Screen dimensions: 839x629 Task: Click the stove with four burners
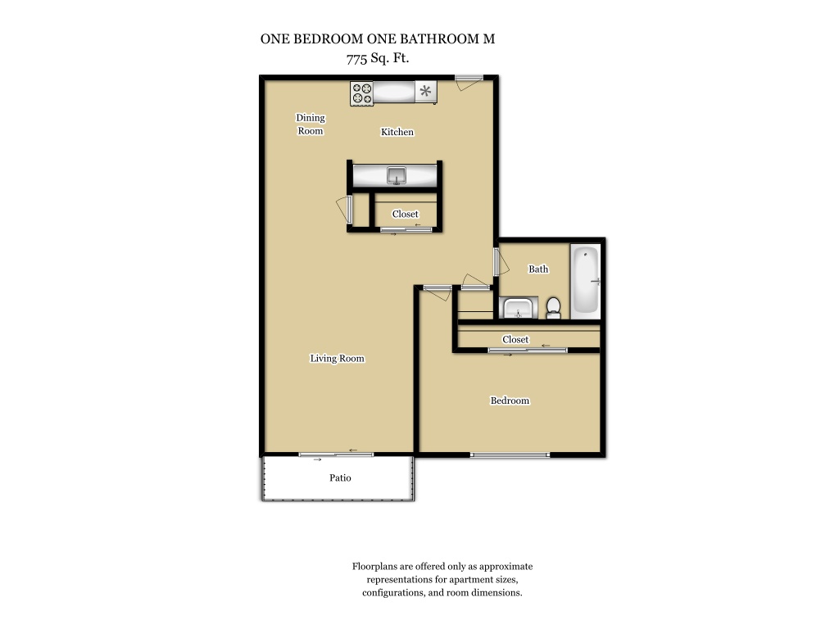tap(361, 93)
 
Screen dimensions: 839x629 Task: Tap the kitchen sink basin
tap(397, 175)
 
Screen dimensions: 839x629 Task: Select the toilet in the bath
tap(553, 309)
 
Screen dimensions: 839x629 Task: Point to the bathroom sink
tap(518, 309)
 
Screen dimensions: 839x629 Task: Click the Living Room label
tap(337, 359)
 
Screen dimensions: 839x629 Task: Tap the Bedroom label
tap(510, 400)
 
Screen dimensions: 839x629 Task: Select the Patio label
tap(340, 477)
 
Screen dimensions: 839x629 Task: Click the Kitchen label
tap(397, 132)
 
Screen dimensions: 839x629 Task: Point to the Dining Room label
tap(311, 124)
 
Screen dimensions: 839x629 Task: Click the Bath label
tap(538, 269)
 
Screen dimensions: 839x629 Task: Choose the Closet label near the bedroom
tap(515, 340)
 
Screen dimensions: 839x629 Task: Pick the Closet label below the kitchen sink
tap(405, 214)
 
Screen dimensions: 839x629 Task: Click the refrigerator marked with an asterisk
tap(426, 92)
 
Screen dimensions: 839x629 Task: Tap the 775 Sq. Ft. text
tap(378, 58)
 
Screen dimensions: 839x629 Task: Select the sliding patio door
tap(336, 455)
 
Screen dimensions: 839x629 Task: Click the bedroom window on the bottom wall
tap(510, 455)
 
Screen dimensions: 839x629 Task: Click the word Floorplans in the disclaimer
tap(374, 567)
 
